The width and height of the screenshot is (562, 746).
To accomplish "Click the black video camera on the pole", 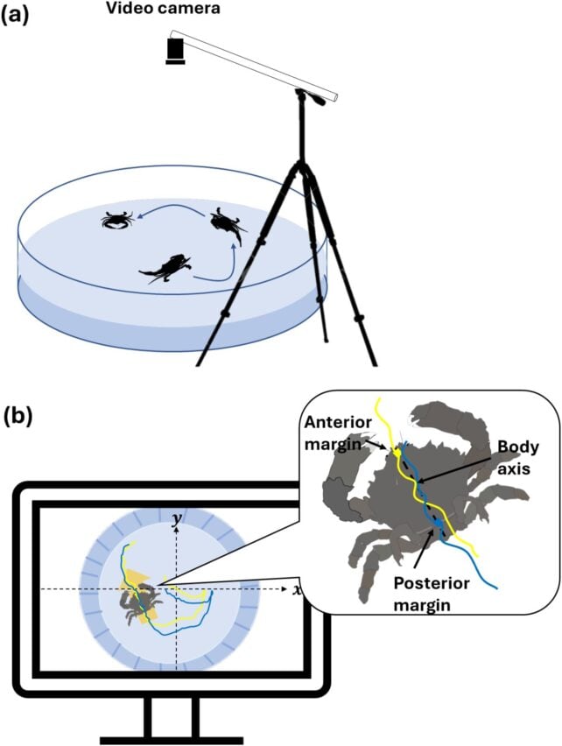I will (x=176, y=50).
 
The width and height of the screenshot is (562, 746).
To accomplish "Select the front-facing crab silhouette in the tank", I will (x=116, y=219).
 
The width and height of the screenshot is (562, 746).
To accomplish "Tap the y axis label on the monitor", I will (x=178, y=520).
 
